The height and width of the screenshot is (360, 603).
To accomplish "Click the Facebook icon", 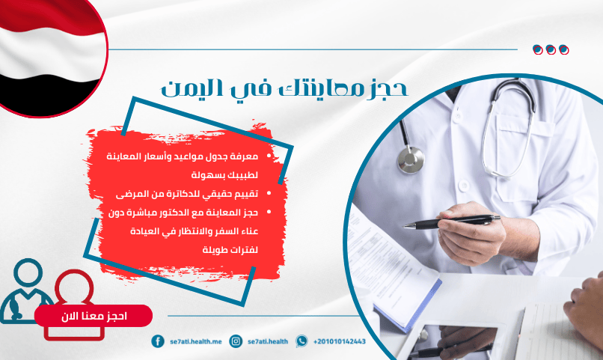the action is pyautogui.click(x=158, y=341).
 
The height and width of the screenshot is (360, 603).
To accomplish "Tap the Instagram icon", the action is pyautogui.click(x=236, y=341).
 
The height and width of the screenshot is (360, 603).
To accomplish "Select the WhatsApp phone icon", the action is pyautogui.click(x=301, y=341).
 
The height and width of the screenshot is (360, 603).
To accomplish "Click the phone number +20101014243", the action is pyautogui.click(x=340, y=341).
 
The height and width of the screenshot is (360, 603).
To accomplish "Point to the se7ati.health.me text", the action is pyautogui.click(x=196, y=341).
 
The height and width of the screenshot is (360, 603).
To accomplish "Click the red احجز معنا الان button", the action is pyautogui.click(x=94, y=316).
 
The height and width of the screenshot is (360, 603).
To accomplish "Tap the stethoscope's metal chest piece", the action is pyautogui.click(x=411, y=159).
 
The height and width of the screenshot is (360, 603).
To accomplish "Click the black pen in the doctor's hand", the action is pyautogui.click(x=452, y=222).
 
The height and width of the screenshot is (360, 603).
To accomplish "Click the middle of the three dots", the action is pyautogui.click(x=551, y=49).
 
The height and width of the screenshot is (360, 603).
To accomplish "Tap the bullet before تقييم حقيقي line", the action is pyautogui.click(x=269, y=193).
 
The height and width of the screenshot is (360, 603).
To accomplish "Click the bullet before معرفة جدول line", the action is pyautogui.click(x=269, y=156).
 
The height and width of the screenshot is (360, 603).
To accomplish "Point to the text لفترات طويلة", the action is pyautogui.click(x=230, y=250).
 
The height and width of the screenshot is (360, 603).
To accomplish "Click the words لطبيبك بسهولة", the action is pyautogui.click(x=224, y=175).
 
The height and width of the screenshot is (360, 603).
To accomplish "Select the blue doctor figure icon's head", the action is pyautogui.click(x=28, y=272).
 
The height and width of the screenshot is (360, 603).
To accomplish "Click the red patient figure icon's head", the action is pyautogui.click(x=75, y=286).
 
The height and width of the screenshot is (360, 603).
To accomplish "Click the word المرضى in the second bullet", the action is pyautogui.click(x=128, y=194).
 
